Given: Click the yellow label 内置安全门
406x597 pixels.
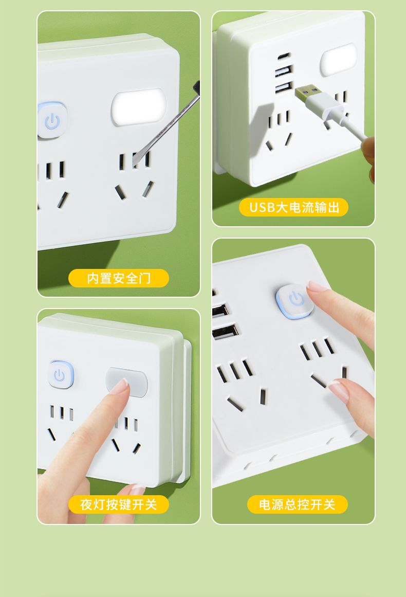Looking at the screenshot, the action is pyautogui.click(x=118, y=278).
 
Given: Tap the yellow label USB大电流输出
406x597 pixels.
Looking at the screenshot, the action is pyautogui.click(x=293, y=207).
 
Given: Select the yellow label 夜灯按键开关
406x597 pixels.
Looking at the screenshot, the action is pyautogui.click(x=118, y=504).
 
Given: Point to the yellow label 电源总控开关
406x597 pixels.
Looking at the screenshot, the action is pyautogui.click(x=297, y=504).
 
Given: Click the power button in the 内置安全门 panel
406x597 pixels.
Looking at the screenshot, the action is pyautogui.click(x=52, y=121).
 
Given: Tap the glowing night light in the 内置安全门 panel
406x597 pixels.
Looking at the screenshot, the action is pyautogui.click(x=138, y=108).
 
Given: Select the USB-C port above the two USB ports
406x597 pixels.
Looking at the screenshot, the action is pyautogui.click(x=284, y=57).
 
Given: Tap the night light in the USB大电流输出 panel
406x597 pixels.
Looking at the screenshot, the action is pyautogui.click(x=338, y=60).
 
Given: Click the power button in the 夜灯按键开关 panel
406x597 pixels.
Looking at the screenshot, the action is pyautogui.click(x=60, y=375).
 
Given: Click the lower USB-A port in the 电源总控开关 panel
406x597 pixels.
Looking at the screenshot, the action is pyautogui.click(x=225, y=332).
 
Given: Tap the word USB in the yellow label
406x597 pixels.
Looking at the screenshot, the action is pyautogui.click(x=262, y=207).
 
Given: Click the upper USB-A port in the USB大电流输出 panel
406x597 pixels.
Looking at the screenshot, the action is pyautogui.click(x=284, y=71).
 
